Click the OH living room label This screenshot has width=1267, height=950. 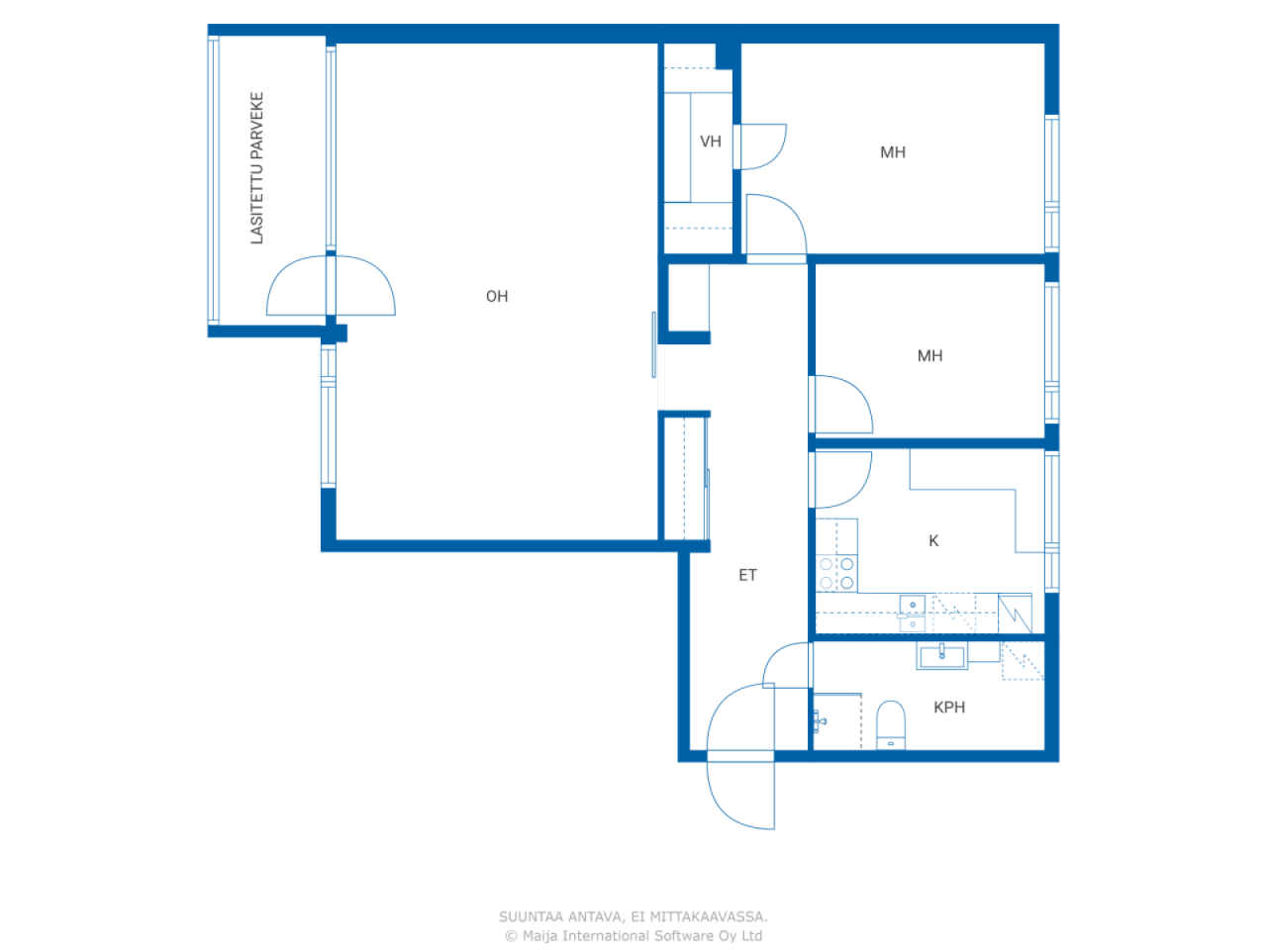click(x=497, y=297)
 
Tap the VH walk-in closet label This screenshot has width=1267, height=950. click(x=710, y=142)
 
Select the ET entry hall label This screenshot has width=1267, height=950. click(x=747, y=575)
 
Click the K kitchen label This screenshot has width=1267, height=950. click(x=933, y=541)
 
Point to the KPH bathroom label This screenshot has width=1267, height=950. click(x=948, y=708)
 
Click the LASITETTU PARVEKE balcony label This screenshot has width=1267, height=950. click(x=257, y=168)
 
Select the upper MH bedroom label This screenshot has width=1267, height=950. click(x=893, y=152)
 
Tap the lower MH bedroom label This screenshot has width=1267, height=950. click(x=929, y=356)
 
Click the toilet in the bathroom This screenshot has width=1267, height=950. click(x=891, y=724)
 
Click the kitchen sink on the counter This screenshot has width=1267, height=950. click(x=912, y=613)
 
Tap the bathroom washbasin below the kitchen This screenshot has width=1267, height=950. click(x=941, y=655)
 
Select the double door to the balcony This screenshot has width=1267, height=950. click(x=331, y=287)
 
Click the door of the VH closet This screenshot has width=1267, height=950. click(x=760, y=146)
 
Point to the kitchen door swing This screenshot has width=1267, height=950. click(x=841, y=479)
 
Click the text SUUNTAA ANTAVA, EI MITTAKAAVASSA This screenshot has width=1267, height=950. click(x=633, y=917)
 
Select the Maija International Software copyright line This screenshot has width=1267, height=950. click(x=633, y=936)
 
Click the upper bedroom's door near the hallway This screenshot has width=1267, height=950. click(x=775, y=228)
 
